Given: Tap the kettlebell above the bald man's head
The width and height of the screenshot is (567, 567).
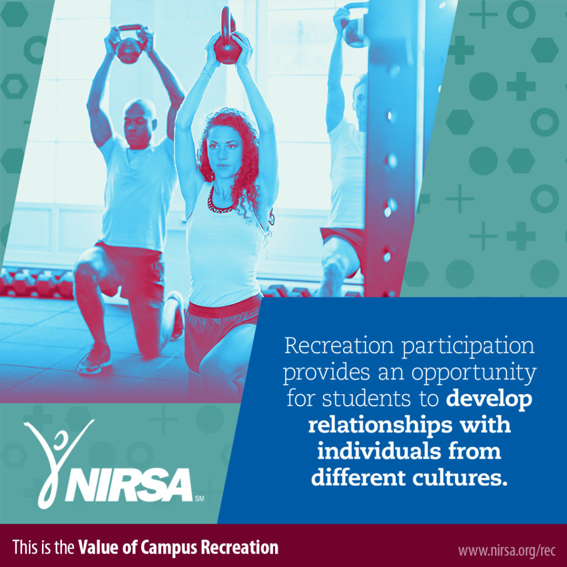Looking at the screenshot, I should pos(129,49).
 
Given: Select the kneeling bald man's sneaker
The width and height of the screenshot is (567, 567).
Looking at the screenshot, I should pos(94,360).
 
